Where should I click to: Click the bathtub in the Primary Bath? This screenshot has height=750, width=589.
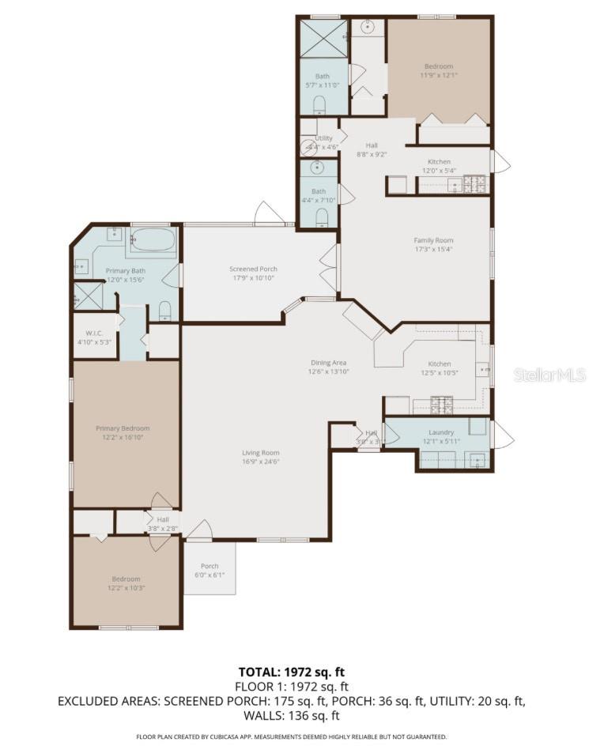coord(153,242)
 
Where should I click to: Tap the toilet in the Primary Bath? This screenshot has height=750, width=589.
coord(164,310)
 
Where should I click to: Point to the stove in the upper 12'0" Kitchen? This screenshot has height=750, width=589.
coord(474,184)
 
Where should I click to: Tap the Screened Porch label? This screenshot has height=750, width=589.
coord(253,269)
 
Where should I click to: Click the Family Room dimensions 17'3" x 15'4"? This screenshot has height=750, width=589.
coord(433,249)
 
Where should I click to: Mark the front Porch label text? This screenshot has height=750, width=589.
coord(210,566)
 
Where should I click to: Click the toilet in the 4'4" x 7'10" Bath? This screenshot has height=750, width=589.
coord(321,219)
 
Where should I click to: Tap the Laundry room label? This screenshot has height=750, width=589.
coord(440,432)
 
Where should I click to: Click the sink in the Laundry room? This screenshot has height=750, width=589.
coord(476,459)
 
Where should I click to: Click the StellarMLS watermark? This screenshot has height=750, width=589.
coord(549,375)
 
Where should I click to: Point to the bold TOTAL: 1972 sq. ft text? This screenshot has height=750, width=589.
coord(293,673)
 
